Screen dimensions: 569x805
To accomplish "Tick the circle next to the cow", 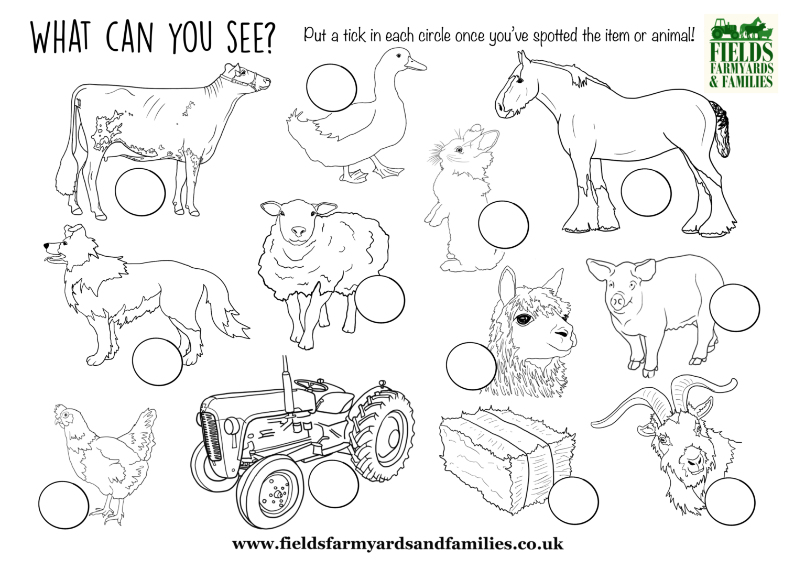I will point(140,192).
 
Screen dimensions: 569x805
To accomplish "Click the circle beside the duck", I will point(331,87).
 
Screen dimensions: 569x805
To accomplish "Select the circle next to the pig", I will point(734,308).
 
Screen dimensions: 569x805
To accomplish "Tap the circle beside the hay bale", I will point(573,500).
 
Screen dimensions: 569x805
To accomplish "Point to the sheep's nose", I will point(298,231).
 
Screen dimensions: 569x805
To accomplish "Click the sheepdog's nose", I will point(47,245).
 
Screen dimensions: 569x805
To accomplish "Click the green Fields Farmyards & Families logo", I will point(741,53).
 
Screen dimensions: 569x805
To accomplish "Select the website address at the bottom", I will point(398,544).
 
